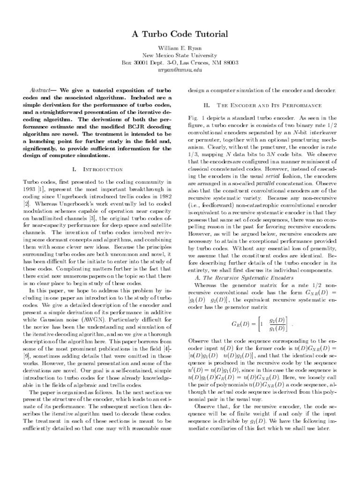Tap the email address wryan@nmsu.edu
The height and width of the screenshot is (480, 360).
180,69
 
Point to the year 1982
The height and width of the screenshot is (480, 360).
162,196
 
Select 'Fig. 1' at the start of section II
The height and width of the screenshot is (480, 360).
196,117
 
